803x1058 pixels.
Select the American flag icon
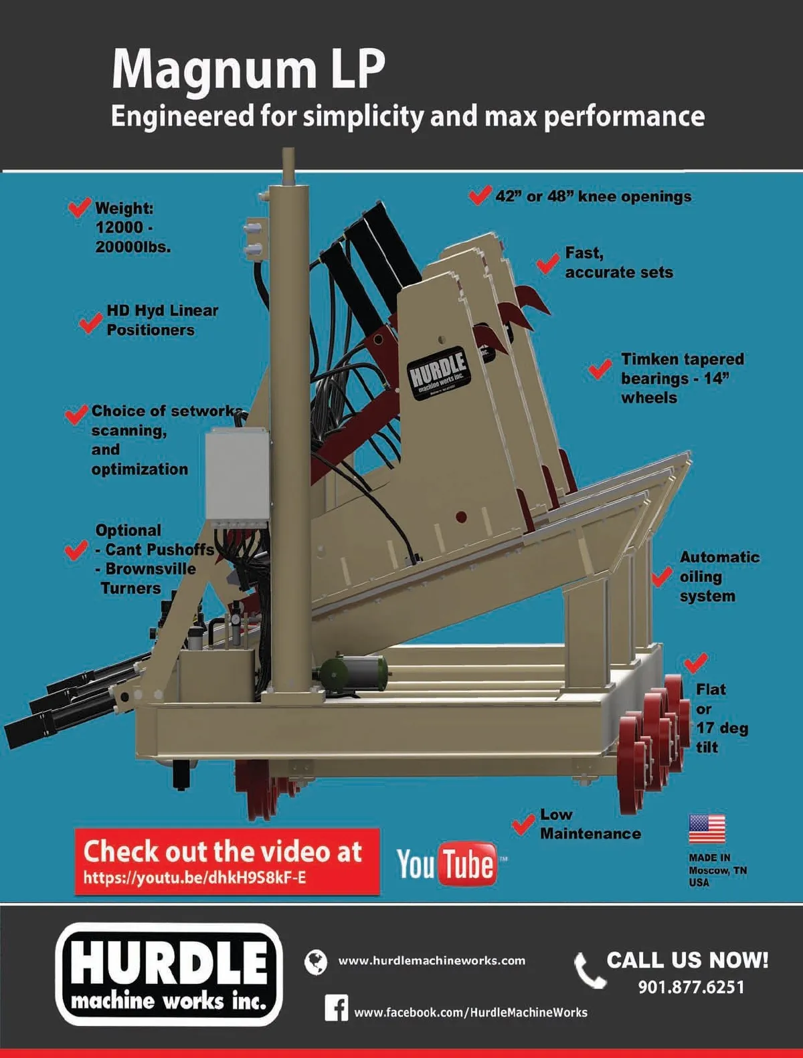pos(707,829)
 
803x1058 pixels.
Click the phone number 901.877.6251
pos(691,988)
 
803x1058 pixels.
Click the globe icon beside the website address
pos(316,962)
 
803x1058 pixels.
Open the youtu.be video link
pos(195,877)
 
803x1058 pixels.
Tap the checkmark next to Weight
pos(79,207)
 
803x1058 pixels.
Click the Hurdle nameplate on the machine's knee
pos(440,373)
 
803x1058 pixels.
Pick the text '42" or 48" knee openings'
pos(593,197)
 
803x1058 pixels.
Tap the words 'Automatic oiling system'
pos(719,576)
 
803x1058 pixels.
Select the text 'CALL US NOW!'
pos(687,960)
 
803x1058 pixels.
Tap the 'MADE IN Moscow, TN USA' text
pos(717,871)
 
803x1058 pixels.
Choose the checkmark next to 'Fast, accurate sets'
pos(548,264)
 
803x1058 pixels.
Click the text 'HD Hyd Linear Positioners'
pos(162,320)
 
